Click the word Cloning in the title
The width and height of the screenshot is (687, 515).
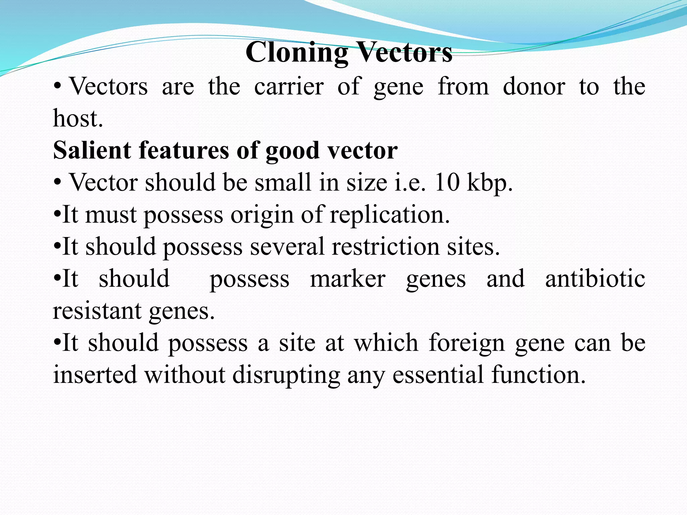point(297,53)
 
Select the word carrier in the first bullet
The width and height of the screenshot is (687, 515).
point(288,87)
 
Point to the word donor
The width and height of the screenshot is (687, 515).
point(534,87)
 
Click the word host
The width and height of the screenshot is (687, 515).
point(77,118)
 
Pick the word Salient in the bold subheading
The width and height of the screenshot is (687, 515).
point(92,150)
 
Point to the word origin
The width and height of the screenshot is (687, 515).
point(262,215)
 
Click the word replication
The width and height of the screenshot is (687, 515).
point(389,215)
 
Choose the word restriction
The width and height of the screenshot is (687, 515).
point(385,246)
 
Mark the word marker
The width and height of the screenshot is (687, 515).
point(348,279)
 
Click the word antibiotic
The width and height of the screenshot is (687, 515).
point(595,279)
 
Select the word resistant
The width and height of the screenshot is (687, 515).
point(97,311)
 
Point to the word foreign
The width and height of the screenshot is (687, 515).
point(467,343)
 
